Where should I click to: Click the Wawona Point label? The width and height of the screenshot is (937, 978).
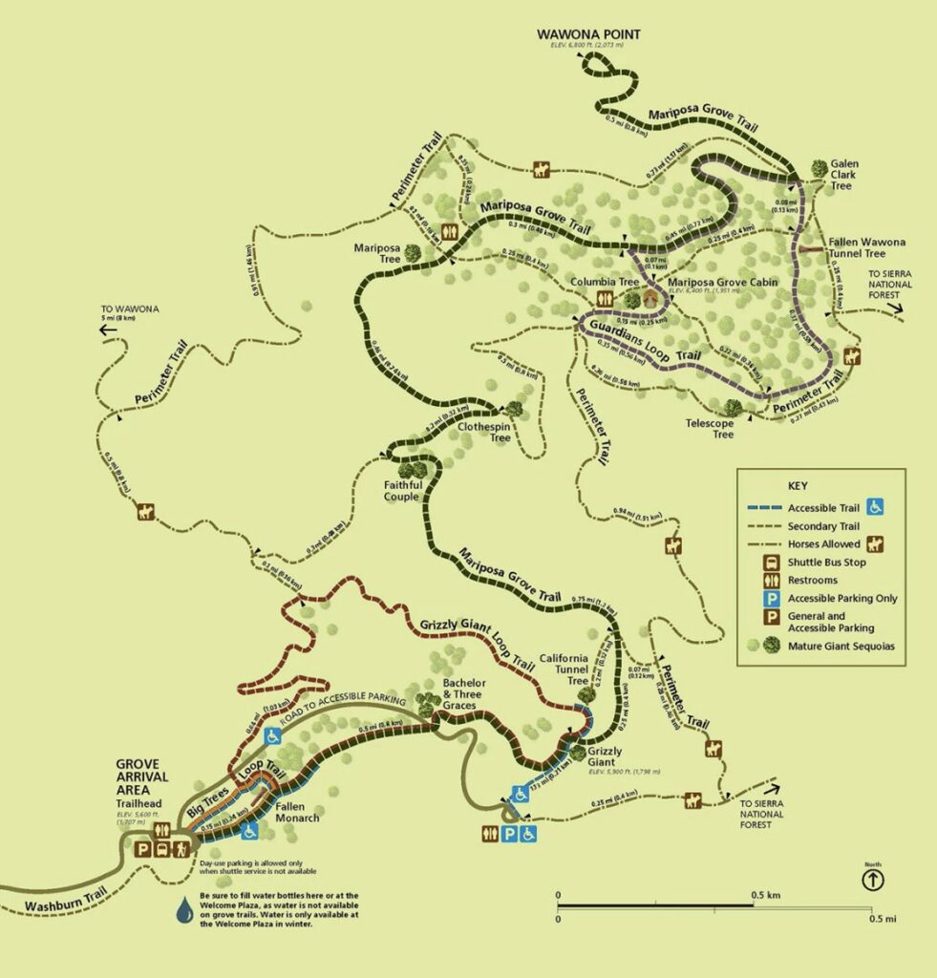pyautogui.click(x=588, y=35)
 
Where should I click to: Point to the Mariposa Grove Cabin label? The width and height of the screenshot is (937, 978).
pyautogui.click(x=722, y=282)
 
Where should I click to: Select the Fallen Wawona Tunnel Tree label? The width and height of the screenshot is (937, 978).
pyautogui.click(x=867, y=247)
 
